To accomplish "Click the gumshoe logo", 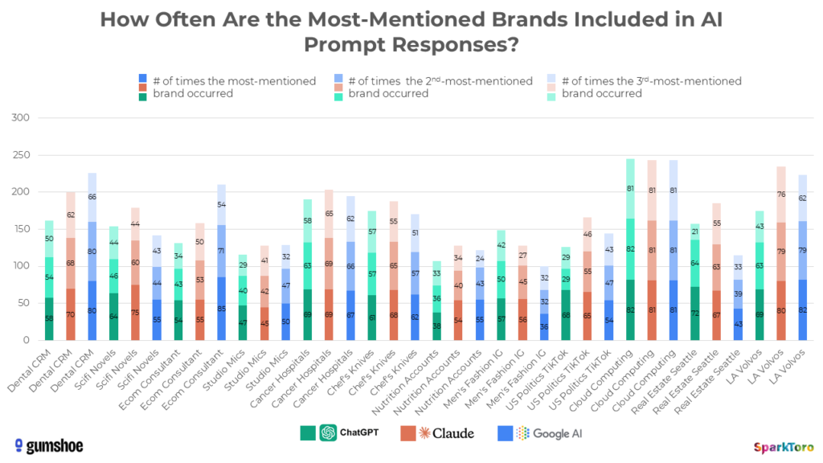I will (x=48, y=445).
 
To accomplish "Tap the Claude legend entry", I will (x=437, y=433).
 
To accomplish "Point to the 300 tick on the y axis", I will (x=21, y=118).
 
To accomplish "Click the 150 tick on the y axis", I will (x=21, y=229).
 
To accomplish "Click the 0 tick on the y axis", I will (x=26, y=340).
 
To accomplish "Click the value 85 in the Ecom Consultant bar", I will (x=220, y=308).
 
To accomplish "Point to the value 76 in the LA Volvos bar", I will (x=781, y=194).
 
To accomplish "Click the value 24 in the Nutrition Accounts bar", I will (x=481, y=259).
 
